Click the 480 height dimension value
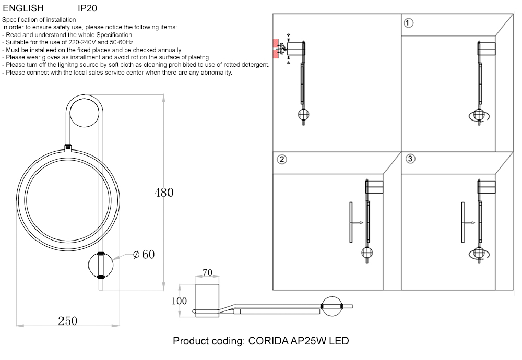pos(164,193)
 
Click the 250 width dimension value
pos(67,321)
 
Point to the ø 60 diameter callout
pos(144,255)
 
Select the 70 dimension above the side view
pos(207,272)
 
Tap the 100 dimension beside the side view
pos(180,301)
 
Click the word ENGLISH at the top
pos(23,8)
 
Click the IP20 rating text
pos(87,8)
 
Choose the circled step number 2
pos(281,160)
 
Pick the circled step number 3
pos(410,159)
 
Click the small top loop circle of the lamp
pos(84,112)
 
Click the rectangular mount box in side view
pos(207,299)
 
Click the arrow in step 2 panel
pos(357,223)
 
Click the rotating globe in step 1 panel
pos(479,116)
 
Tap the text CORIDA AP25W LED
pos(298,341)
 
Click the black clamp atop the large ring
pos(67,148)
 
